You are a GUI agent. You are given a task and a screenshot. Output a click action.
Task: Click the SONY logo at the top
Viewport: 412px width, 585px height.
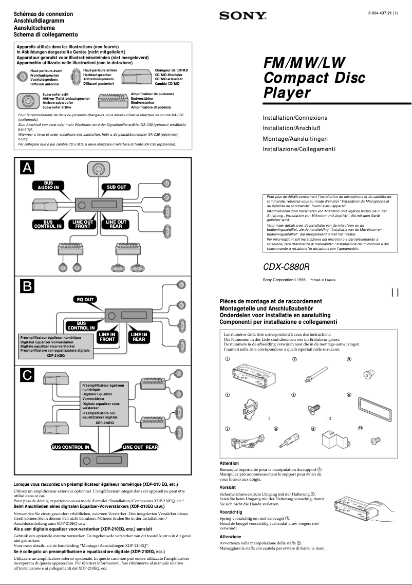coord(243,16)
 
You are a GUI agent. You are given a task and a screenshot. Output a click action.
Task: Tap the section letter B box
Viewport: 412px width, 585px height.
coord(27,285)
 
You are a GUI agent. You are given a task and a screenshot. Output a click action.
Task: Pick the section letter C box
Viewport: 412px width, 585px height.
coord(27,375)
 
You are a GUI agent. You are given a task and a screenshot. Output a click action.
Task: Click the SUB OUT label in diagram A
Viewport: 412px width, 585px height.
coord(116,187)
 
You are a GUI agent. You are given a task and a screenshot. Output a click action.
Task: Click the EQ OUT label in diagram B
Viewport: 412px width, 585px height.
coord(85,299)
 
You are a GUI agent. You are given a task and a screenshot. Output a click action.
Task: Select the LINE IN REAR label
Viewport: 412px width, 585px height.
coord(138,337)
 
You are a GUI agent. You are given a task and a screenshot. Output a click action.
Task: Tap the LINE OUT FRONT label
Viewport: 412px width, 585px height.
coord(83,224)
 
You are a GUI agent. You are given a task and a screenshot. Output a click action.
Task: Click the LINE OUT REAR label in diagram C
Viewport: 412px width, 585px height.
coord(140,447)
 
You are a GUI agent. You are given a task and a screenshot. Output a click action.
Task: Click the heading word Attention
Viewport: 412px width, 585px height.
coord(229,463)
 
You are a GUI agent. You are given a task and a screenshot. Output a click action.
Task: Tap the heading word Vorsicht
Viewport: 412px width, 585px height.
coord(228,487)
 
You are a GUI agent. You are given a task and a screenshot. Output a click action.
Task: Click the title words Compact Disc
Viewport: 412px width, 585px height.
coord(314,78)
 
